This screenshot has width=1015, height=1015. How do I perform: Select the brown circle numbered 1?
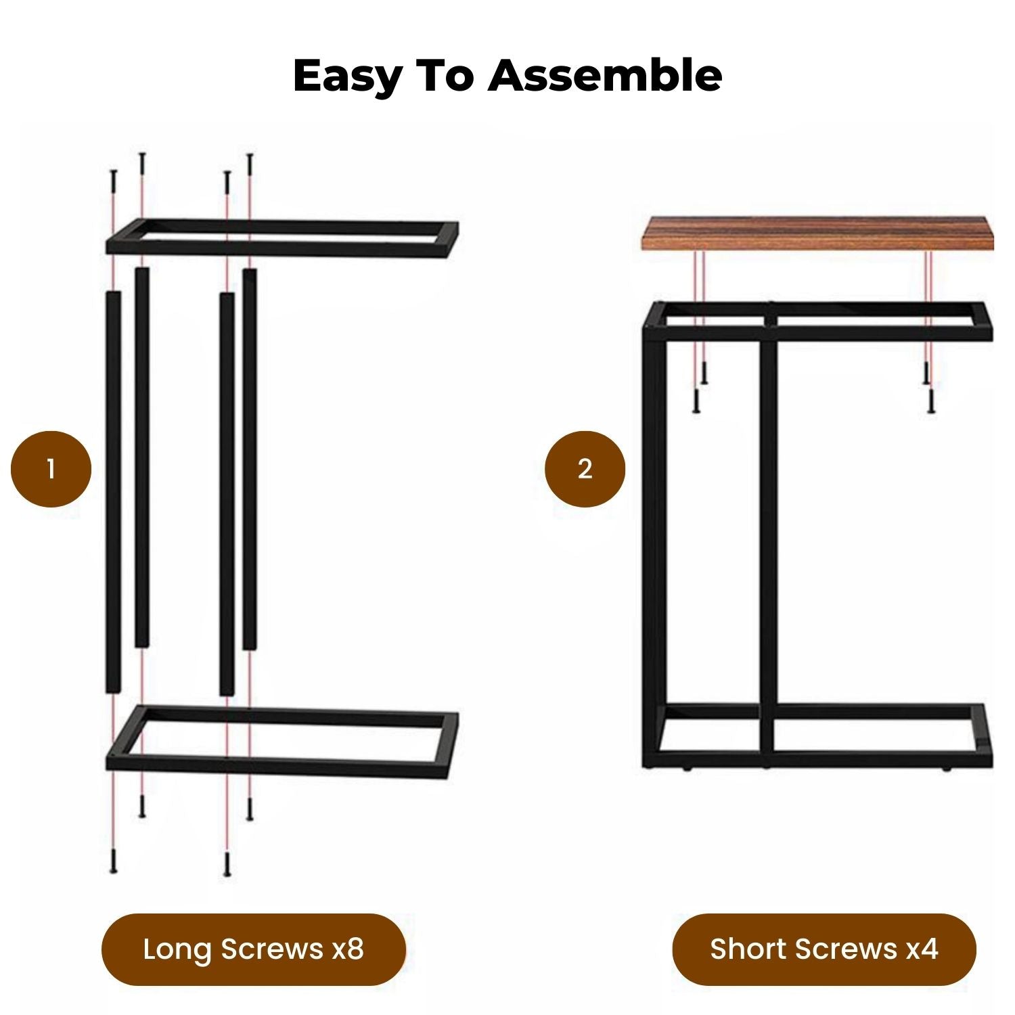point(51,469)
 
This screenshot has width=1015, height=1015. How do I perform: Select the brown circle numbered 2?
point(585,469)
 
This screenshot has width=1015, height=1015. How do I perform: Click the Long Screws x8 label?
point(253,949)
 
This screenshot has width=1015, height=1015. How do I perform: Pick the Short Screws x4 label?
point(824,949)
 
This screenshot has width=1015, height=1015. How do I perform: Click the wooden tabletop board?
point(817,233)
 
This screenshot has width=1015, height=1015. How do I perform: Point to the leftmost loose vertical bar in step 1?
point(113,492)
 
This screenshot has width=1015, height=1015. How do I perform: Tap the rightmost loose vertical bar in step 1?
point(250,459)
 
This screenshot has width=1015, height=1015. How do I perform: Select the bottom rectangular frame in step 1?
point(282,742)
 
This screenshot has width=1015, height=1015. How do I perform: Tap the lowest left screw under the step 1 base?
point(113,861)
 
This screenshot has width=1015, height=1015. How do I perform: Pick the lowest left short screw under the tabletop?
point(695,401)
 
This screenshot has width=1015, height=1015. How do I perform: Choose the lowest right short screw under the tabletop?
point(931,401)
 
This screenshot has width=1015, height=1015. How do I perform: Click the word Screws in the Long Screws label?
point(272,949)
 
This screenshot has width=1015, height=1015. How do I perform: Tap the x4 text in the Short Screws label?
point(922,949)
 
